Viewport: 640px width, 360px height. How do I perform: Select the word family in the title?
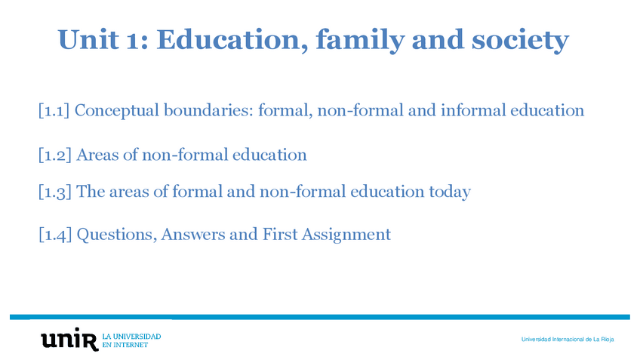tap(360, 41)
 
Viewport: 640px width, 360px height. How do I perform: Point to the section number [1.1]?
tap(54, 110)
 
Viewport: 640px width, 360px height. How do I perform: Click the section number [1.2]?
tap(54, 155)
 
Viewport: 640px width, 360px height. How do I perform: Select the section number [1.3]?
tap(54, 192)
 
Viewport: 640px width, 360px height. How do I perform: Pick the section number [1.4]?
tap(55, 234)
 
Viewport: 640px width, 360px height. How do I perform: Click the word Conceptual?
tap(117, 111)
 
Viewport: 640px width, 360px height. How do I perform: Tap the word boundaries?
tap(208, 110)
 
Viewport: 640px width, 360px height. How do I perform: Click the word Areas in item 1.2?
tap(97, 155)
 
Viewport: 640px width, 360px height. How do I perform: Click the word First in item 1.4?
tap(280, 234)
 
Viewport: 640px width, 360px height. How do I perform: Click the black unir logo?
tap(69, 339)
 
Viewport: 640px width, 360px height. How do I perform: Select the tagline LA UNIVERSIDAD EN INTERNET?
tap(131, 340)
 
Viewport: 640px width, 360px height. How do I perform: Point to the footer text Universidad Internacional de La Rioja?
tap(568, 339)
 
